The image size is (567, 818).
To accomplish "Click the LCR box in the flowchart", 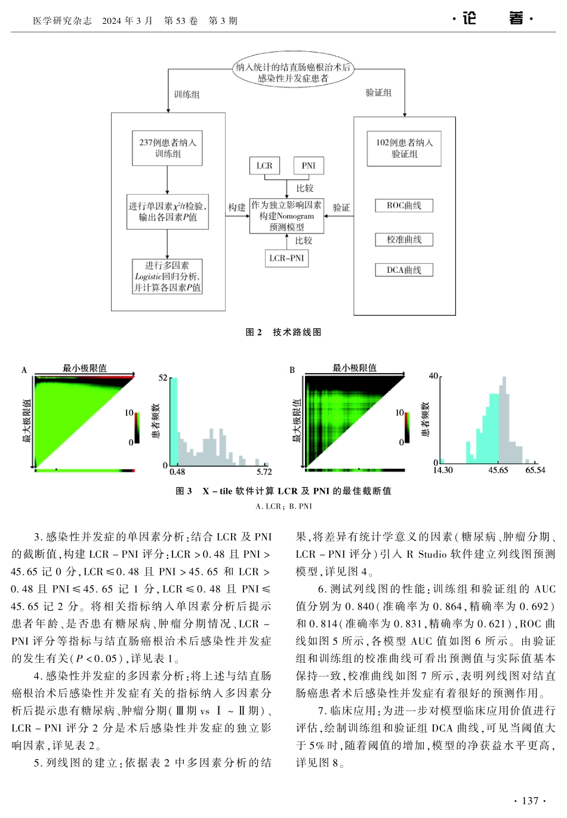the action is pyautogui.click(x=264, y=166).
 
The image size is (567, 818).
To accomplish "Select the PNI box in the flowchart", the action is pyautogui.click(x=309, y=166).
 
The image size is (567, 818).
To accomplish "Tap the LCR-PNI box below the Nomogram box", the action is pyautogui.click(x=286, y=258).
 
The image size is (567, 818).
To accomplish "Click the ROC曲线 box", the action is pyautogui.click(x=404, y=205).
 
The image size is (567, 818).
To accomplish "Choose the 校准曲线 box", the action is pyautogui.click(x=404, y=239).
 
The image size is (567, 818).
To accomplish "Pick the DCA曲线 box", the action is pyautogui.click(x=404, y=270).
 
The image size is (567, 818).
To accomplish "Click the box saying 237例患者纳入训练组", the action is pyautogui.click(x=168, y=148).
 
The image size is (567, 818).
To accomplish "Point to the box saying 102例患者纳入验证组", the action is pyautogui.click(x=404, y=148).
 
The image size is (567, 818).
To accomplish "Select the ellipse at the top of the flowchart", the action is pyautogui.click(x=293, y=72).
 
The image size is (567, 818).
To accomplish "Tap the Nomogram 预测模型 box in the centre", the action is pyautogui.click(x=286, y=216).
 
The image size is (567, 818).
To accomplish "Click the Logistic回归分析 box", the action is pyautogui.click(x=167, y=276).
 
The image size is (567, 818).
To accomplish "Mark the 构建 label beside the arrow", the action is pyautogui.click(x=237, y=207).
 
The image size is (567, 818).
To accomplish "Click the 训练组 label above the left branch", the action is pyautogui.click(x=186, y=94).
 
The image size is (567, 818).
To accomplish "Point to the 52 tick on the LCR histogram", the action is pyautogui.click(x=163, y=377).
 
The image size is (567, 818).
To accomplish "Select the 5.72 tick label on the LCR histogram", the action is pyautogui.click(x=264, y=472).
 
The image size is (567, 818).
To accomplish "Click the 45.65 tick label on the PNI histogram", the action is pyautogui.click(x=498, y=470).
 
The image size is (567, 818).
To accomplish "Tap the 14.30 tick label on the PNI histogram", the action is pyautogui.click(x=443, y=470).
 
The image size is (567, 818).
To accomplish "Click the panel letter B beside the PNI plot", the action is pyautogui.click(x=292, y=370).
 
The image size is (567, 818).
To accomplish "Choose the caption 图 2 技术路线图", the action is pyautogui.click(x=283, y=332).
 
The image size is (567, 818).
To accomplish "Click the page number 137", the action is pyautogui.click(x=529, y=801).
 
